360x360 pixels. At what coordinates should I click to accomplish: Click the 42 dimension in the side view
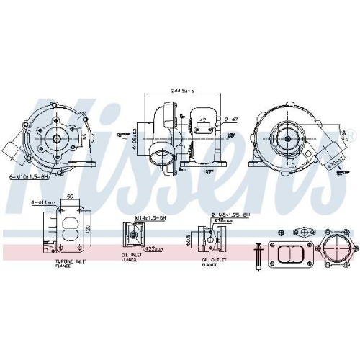coord(204,120)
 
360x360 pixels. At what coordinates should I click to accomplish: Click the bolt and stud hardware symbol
coord(258,254)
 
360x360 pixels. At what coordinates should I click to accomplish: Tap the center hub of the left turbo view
coord(55,138)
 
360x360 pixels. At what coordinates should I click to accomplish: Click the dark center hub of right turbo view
coord(286,138)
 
